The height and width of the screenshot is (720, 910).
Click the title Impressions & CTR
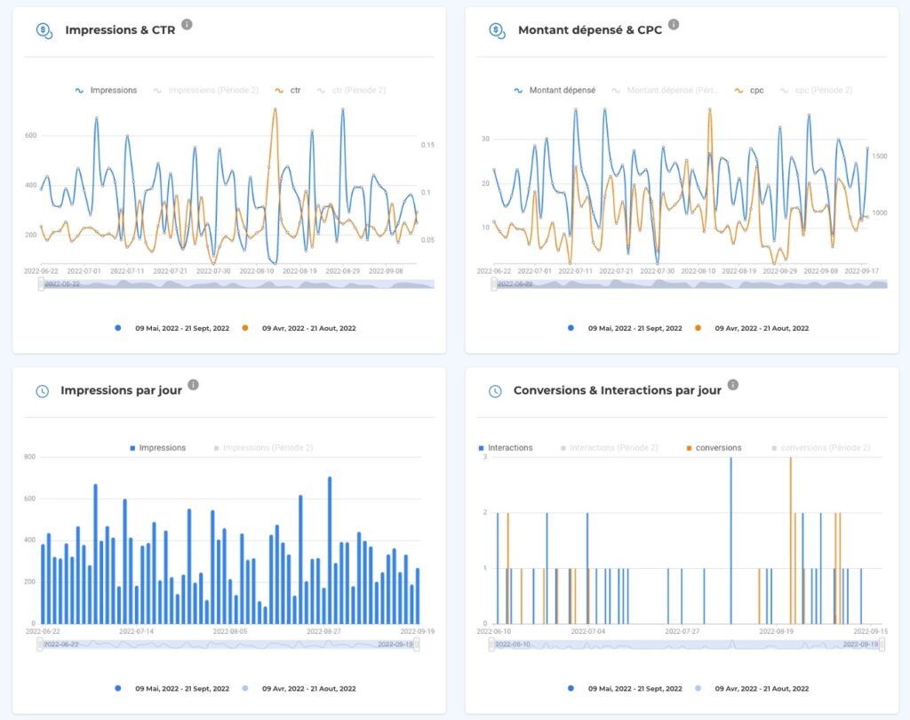tap(119, 30)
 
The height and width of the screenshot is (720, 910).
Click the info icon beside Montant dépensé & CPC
tap(673, 24)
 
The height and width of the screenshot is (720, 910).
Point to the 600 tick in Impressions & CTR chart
tap(31, 136)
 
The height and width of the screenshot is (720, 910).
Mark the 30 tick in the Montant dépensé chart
tap(485, 139)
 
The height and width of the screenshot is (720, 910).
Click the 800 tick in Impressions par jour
tap(29, 457)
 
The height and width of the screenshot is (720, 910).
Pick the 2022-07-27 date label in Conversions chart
tap(684, 631)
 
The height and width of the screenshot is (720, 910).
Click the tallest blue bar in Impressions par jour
tap(329, 549)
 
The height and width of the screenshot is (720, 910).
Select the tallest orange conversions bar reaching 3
tap(790, 540)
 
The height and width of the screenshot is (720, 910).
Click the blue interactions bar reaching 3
tap(730, 540)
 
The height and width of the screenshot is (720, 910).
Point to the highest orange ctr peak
tap(275, 110)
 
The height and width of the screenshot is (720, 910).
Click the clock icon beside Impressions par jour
tap(42, 391)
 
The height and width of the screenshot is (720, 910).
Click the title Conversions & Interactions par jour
tap(617, 391)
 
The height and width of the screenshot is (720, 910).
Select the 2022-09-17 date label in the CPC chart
tap(863, 270)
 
